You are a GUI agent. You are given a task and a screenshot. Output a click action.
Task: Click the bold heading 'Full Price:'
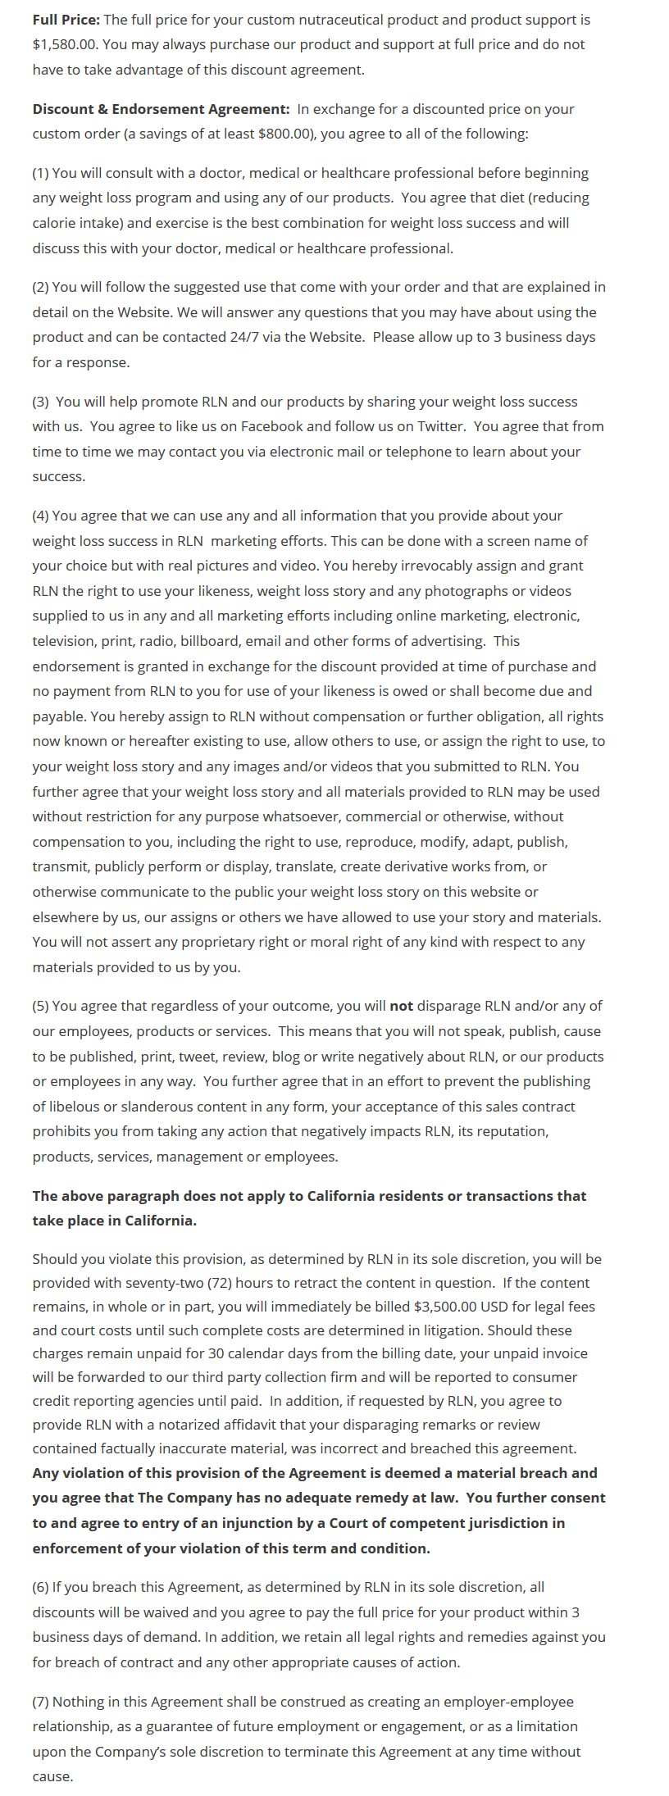point(66,20)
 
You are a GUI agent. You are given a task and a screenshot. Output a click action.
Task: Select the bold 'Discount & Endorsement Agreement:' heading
point(161,109)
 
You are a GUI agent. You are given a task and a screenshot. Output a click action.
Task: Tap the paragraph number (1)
point(41,173)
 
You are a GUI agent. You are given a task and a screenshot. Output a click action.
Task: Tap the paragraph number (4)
point(41,516)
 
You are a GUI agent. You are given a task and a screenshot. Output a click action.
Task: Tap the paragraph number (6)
point(41,1587)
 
